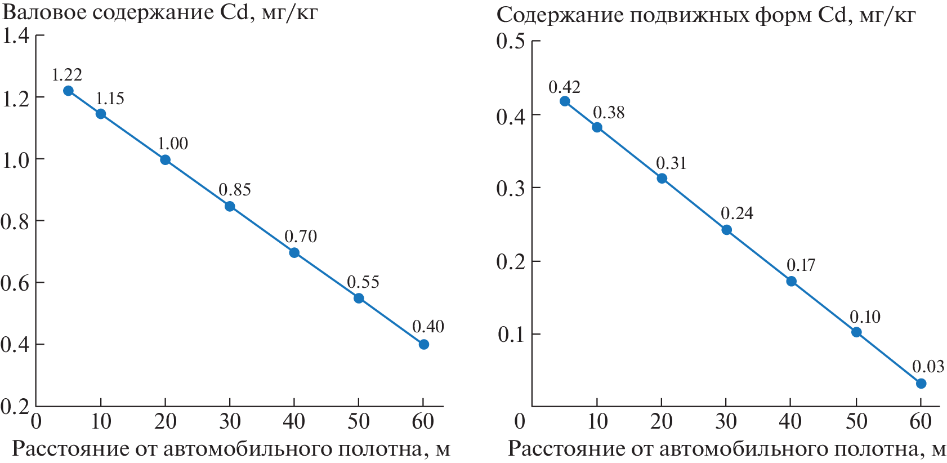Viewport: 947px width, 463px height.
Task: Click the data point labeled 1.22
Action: click(x=68, y=91)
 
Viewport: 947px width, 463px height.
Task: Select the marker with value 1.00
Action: click(x=165, y=160)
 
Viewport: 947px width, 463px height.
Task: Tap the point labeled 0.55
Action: click(x=359, y=299)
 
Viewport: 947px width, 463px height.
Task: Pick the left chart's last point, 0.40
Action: click(x=424, y=344)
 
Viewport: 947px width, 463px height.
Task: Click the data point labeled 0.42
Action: click(x=565, y=101)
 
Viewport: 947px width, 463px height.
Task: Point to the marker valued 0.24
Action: click(x=726, y=230)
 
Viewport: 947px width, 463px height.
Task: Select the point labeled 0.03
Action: click(x=921, y=384)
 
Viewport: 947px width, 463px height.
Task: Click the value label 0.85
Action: click(x=235, y=190)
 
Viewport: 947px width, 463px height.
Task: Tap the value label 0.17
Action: click(x=801, y=265)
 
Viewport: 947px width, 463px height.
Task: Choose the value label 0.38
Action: click(x=609, y=113)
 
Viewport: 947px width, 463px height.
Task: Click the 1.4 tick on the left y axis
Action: click(x=15, y=37)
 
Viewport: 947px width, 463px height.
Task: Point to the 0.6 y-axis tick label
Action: click(x=15, y=283)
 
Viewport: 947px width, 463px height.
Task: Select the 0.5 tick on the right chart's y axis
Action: click(x=511, y=41)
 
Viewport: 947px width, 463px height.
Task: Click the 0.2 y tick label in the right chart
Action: click(x=511, y=262)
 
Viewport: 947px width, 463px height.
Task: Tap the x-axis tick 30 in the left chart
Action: click(x=230, y=421)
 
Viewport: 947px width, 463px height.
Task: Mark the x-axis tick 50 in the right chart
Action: click(x=856, y=421)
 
